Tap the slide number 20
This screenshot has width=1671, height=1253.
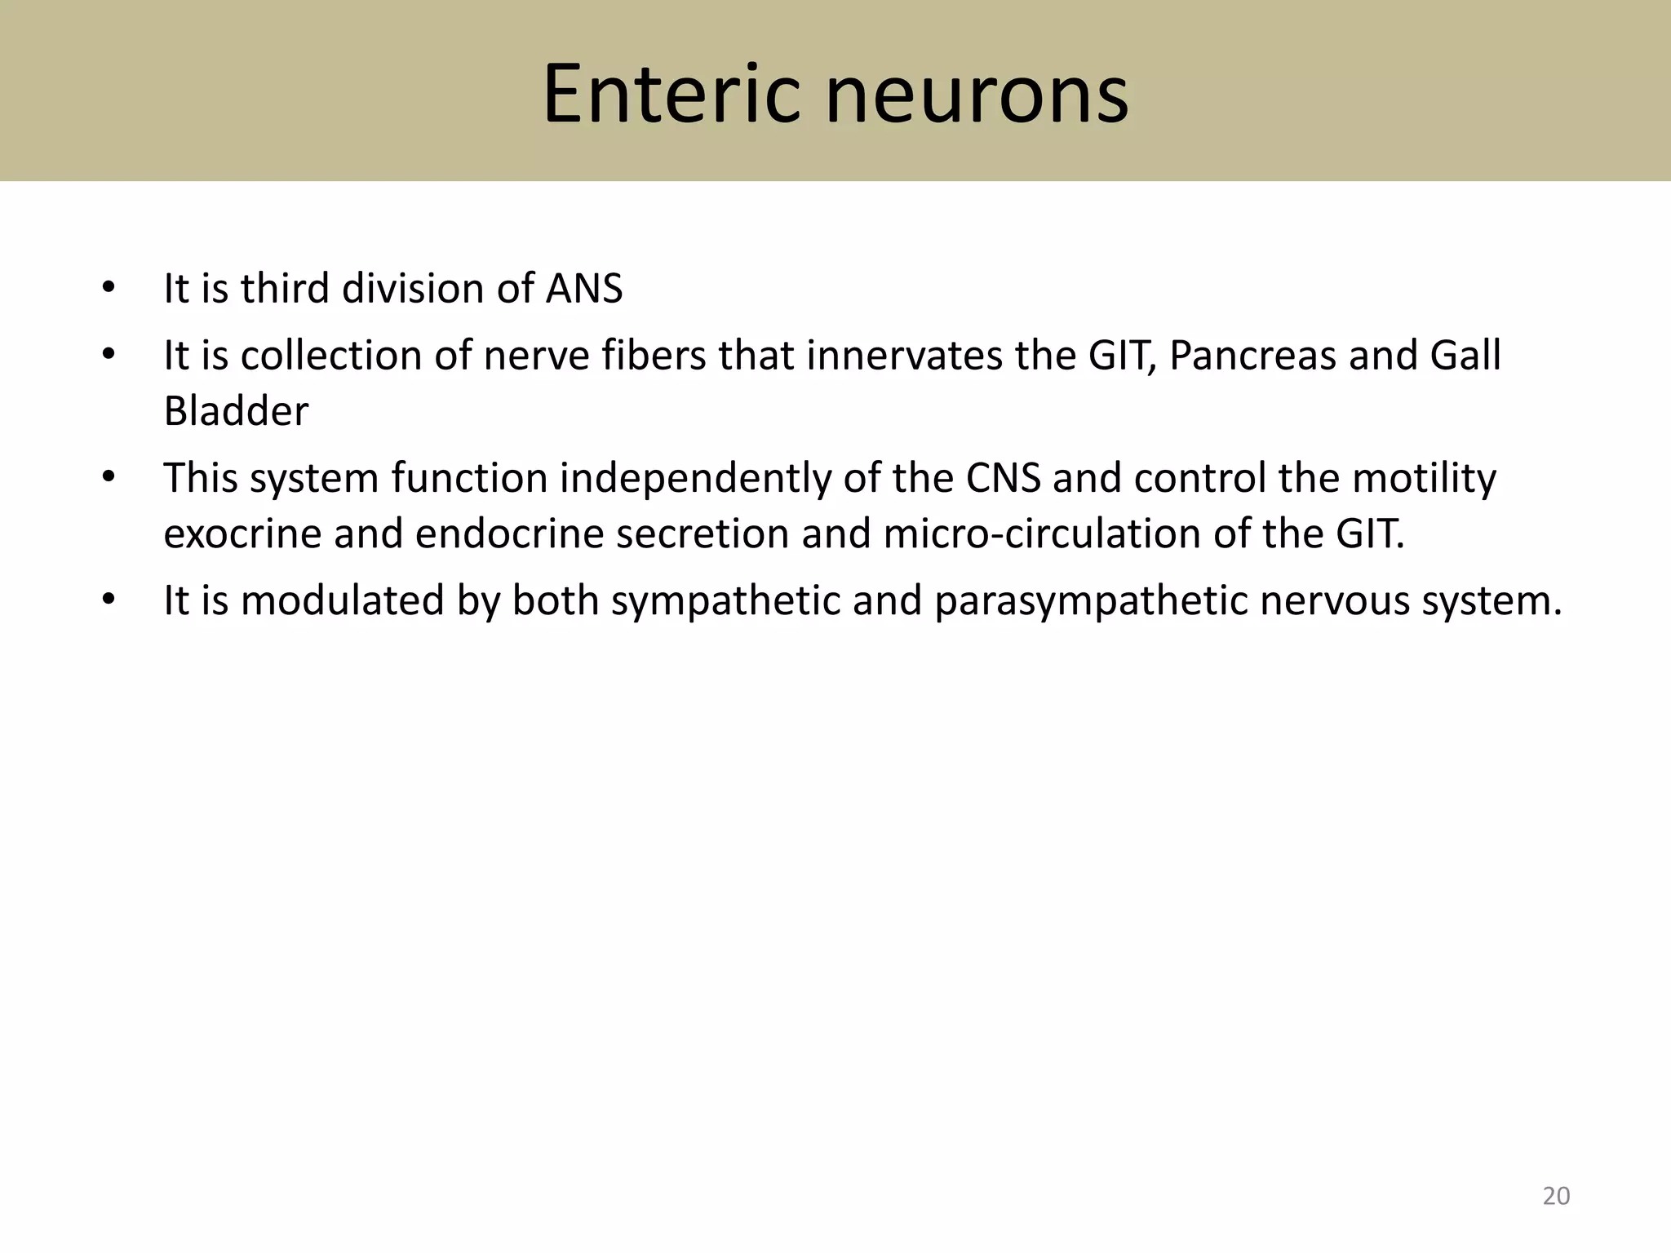click(1556, 1196)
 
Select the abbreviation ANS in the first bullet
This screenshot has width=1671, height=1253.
click(583, 289)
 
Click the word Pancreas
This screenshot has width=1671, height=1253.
click(1252, 356)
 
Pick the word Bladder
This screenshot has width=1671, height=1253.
click(236, 411)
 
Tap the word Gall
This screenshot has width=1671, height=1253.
click(1465, 356)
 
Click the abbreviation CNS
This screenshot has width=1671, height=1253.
click(1003, 478)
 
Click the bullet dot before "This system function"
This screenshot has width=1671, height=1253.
click(109, 478)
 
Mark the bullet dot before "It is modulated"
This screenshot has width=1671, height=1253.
click(109, 601)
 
